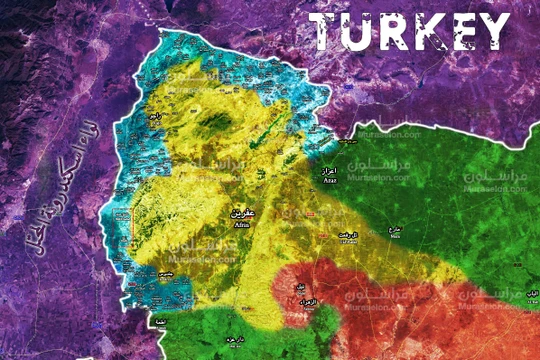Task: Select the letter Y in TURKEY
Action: tap(493, 33)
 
